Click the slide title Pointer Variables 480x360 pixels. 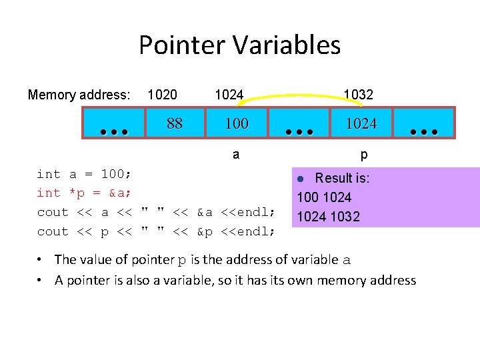[239, 45]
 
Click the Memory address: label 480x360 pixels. [79, 95]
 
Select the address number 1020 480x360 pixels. [162, 95]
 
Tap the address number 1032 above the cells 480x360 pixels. [358, 95]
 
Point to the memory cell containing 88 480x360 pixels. [175, 123]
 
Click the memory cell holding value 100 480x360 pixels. [236, 123]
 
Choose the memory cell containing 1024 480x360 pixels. [361, 123]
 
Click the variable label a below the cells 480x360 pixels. [236, 155]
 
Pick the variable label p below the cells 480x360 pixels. [363, 155]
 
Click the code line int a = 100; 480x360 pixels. [84, 174]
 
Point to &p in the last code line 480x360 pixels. [207, 231]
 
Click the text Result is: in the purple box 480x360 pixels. [342, 178]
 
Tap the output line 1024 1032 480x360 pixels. [328, 217]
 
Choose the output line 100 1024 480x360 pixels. [324, 197]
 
